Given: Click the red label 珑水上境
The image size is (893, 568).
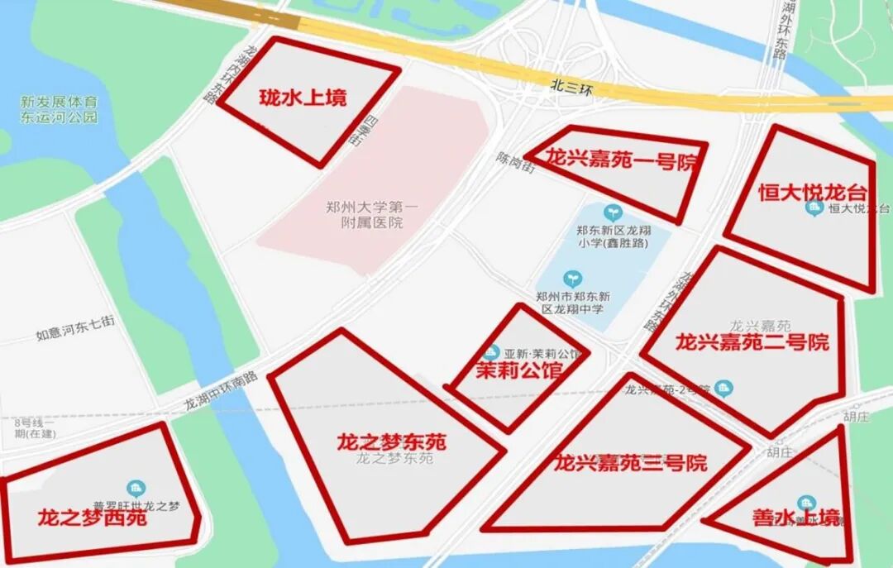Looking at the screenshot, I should click(x=303, y=98).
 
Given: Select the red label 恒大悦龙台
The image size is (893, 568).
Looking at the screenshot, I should click(x=813, y=192).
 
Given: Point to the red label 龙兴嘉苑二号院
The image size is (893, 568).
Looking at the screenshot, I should click(x=752, y=341).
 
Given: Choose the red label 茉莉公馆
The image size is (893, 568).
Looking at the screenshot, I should click(x=519, y=370).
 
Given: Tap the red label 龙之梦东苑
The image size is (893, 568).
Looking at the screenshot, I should click(x=391, y=442).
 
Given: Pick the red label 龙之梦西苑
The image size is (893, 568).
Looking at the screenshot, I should click(x=92, y=518).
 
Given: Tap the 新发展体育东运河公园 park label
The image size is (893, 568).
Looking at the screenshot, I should click(x=59, y=109).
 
